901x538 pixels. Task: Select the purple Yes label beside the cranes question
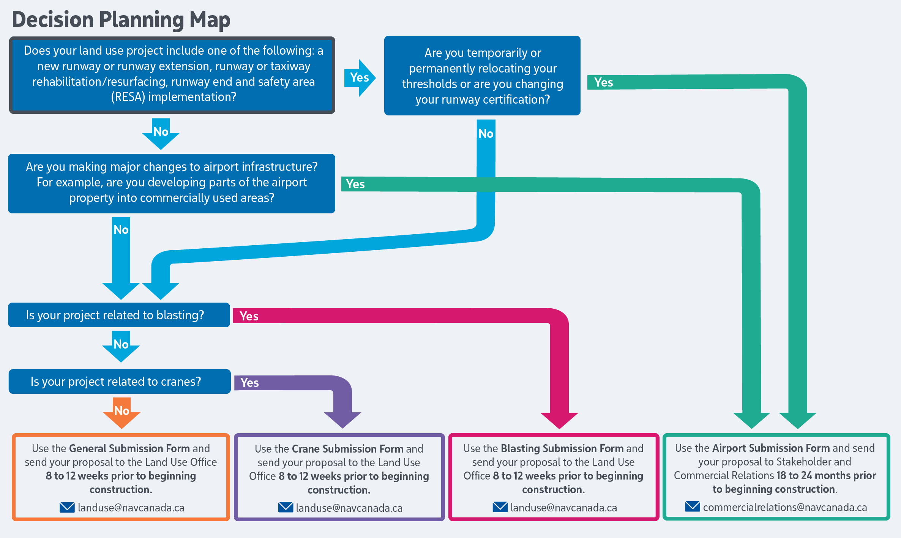[249, 383]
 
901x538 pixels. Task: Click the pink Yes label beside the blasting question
[249, 316]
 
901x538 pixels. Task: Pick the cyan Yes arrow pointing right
[360, 78]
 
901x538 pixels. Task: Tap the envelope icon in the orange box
[67, 507]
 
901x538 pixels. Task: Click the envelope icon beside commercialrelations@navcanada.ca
[692, 506]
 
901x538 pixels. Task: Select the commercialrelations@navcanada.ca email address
[785, 508]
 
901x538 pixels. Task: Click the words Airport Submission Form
[771, 448]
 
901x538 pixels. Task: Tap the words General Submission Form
[129, 448]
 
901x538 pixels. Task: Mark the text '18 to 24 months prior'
[826, 475]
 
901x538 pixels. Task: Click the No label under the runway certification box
[486, 134]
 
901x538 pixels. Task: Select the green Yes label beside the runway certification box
[603, 82]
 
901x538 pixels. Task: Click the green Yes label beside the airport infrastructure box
[355, 184]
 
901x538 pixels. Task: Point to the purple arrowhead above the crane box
[342, 420]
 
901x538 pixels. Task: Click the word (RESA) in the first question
[128, 97]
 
